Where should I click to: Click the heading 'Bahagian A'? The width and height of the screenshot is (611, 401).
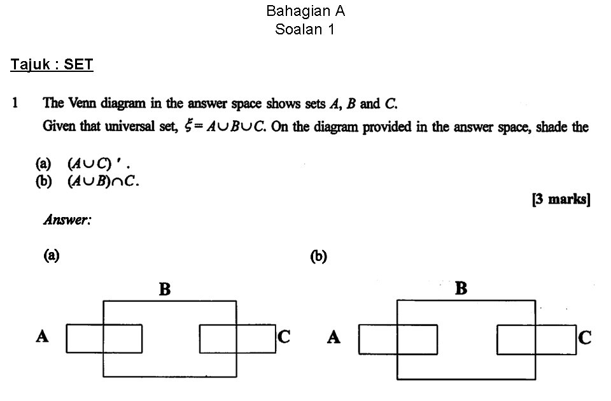click(x=305, y=11)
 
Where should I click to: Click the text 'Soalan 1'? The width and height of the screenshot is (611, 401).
click(x=305, y=29)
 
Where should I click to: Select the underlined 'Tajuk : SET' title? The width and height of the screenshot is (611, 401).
click(x=52, y=64)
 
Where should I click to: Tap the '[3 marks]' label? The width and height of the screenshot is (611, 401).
click(x=561, y=199)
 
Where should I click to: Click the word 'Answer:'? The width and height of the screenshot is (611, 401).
click(x=67, y=220)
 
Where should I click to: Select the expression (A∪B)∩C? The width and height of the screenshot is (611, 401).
click(x=103, y=181)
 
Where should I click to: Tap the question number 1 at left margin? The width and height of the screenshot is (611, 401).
click(x=15, y=103)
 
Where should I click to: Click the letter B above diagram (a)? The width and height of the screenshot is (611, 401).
click(x=165, y=290)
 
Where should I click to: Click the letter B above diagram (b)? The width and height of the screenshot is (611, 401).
click(x=461, y=289)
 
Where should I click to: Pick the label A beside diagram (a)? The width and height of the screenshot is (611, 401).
click(x=42, y=336)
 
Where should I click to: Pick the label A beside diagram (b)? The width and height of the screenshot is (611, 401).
click(x=334, y=337)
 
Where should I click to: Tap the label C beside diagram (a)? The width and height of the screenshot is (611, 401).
click(x=284, y=336)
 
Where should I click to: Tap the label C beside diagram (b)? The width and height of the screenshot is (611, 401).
click(x=585, y=337)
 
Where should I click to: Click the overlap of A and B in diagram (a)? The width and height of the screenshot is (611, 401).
click(x=123, y=339)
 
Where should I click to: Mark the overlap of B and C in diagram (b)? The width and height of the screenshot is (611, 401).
click(x=516, y=340)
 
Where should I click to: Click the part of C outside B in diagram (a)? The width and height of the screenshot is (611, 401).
click(x=256, y=339)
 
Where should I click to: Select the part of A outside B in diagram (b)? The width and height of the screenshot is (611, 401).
click(x=378, y=339)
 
